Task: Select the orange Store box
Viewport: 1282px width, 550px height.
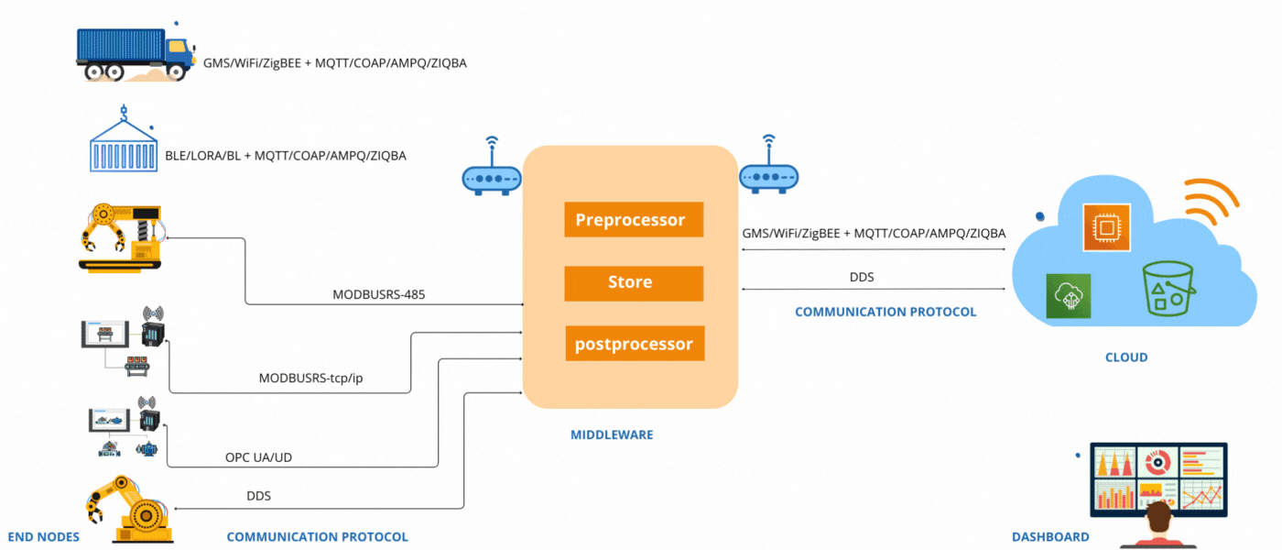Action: pyautogui.click(x=633, y=283)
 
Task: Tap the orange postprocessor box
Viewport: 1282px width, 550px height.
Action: pyautogui.click(x=634, y=345)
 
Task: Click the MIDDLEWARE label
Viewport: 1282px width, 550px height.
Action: pyautogui.click(x=612, y=434)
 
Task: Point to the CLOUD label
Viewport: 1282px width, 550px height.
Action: pyautogui.click(x=1126, y=357)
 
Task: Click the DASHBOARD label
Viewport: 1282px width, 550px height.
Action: pyautogui.click(x=1050, y=537)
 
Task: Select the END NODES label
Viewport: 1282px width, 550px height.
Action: pyautogui.click(x=44, y=537)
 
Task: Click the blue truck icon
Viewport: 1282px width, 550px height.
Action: pyautogui.click(x=135, y=54)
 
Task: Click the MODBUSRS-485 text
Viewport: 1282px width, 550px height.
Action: pyautogui.click(x=378, y=295)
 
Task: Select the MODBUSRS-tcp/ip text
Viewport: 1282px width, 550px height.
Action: pyautogui.click(x=311, y=378)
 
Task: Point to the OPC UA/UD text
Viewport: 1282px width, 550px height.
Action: pyautogui.click(x=259, y=457)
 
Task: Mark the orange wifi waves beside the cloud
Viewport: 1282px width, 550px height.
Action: pyautogui.click(x=1210, y=203)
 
